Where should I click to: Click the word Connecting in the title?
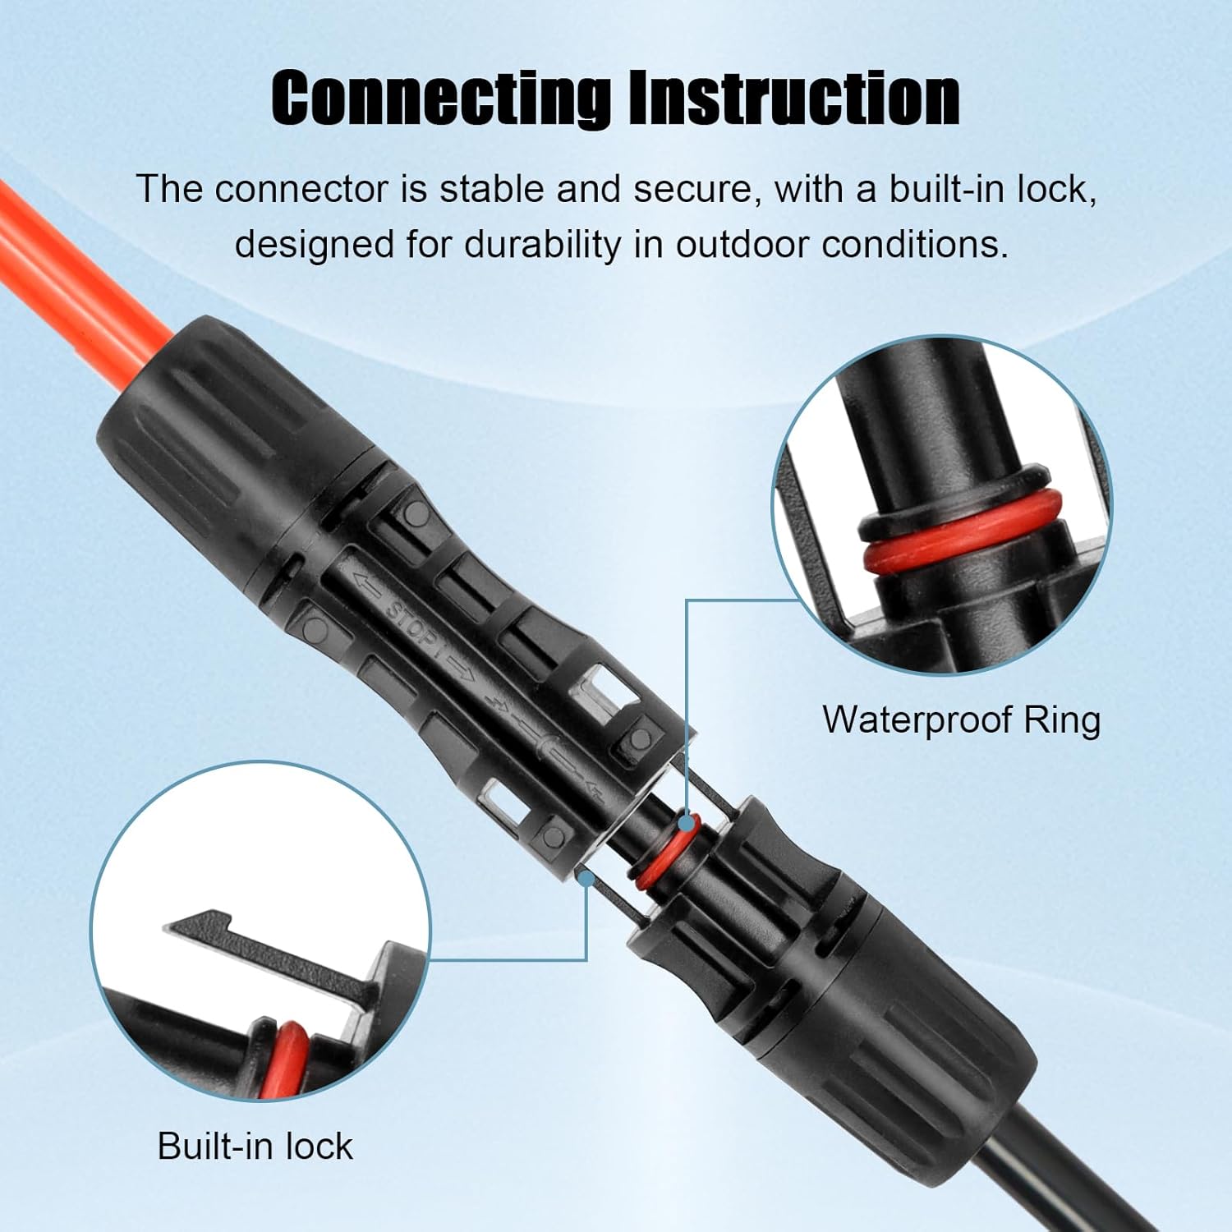coord(441,99)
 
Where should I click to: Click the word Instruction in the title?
coord(793,99)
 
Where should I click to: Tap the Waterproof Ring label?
coord(961,720)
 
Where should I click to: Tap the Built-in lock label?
coord(255,1146)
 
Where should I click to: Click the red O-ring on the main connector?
coord(667,854)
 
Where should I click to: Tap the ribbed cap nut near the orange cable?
coord(205,427)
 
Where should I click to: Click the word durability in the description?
coord(542,245)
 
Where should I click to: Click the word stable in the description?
coord(493,190)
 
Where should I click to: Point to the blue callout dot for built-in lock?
coord(586,878)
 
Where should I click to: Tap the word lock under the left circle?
coord(319,1146)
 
